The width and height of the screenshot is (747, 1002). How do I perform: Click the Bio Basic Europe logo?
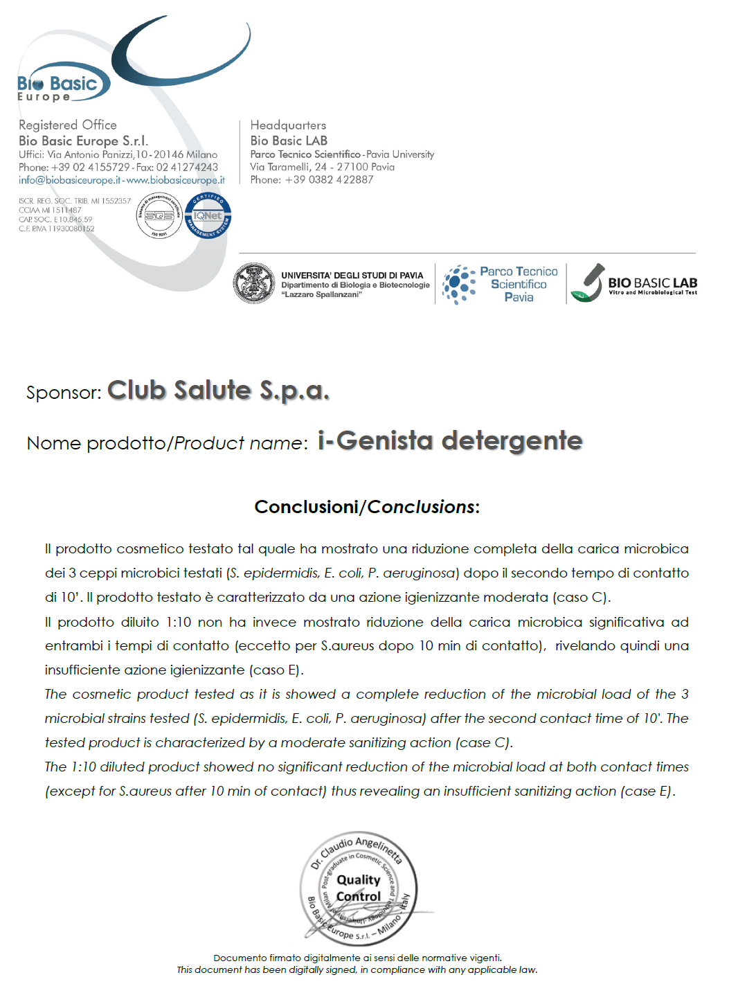pyautogui.click(x=62, y=85)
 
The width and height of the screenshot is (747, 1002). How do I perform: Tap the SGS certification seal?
pyautogui.click(x=159, y=215)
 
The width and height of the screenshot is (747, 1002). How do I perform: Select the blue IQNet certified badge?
pyautogui.click(x=208, y=215)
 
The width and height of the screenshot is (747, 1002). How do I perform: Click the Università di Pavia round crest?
pyautogui.click(x=254, y=283)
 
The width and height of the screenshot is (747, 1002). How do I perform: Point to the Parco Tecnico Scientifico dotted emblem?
pyautogui.click(x=458, y=285)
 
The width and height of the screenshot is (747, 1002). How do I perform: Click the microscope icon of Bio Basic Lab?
pyautogui.click(x=587, y=283)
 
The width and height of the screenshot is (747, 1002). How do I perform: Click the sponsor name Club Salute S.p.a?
pyautogui.click(x=218, y=391)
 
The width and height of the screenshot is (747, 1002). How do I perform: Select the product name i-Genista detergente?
pyautogui.click(x=450, y=441)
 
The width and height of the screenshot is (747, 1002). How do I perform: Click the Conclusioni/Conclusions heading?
pyautogui.click(x=367, y=507)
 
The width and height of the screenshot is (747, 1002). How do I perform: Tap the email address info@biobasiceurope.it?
pyautogui.click(x=70, y=180)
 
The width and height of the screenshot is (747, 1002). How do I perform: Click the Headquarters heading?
pyautogui.click(x=288, y=125)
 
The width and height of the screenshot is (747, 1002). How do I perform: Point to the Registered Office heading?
pyautogui.click(x=68, y=125)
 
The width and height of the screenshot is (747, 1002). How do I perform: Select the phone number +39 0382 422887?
pyautogui.click(x=329, y=179)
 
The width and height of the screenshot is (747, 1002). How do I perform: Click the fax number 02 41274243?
pyautogui.click(x=187, y=167)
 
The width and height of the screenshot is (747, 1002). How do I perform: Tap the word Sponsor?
pyautogui.click(x=63, y=393)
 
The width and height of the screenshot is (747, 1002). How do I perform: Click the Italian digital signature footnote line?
pyautogui.click(x=357, y=958)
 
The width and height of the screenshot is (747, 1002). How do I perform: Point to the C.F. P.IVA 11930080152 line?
pyautogui.click(x=57, y=229)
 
